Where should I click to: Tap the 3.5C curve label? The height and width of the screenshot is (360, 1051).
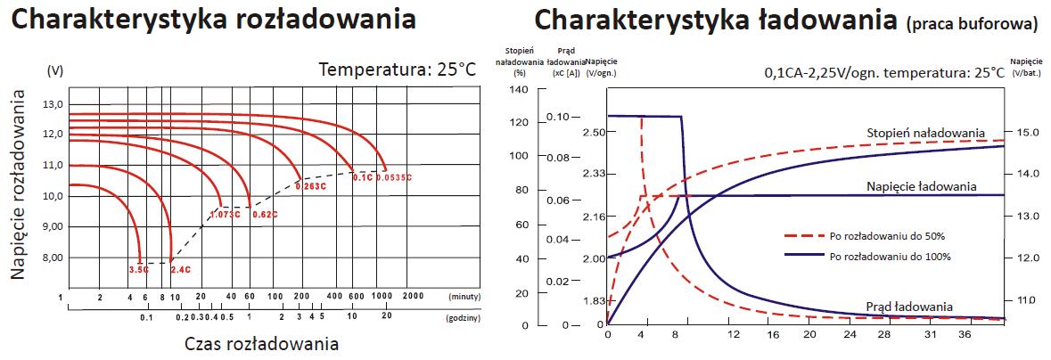pos(137,268)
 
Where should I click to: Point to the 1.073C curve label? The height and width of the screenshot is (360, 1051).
pos(226,215)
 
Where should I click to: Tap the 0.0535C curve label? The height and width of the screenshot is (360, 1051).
pos(393,177)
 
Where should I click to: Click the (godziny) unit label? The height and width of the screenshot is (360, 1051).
pos(464,316)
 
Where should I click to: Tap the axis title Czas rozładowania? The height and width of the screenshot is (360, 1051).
pos(261,344)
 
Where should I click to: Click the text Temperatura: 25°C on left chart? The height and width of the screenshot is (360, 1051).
pos(398,70)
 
